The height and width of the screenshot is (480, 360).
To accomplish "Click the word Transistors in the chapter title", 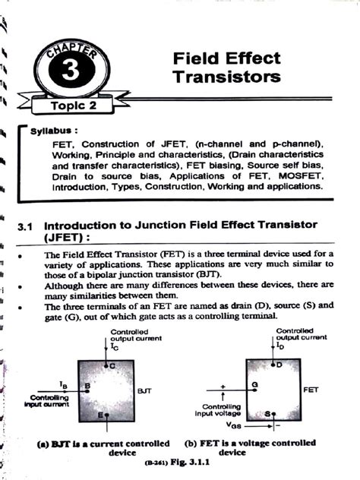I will coord(226,77).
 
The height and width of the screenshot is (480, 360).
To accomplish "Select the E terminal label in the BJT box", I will coord(100,415).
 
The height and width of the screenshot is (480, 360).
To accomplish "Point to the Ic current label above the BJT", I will coord(114,347).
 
